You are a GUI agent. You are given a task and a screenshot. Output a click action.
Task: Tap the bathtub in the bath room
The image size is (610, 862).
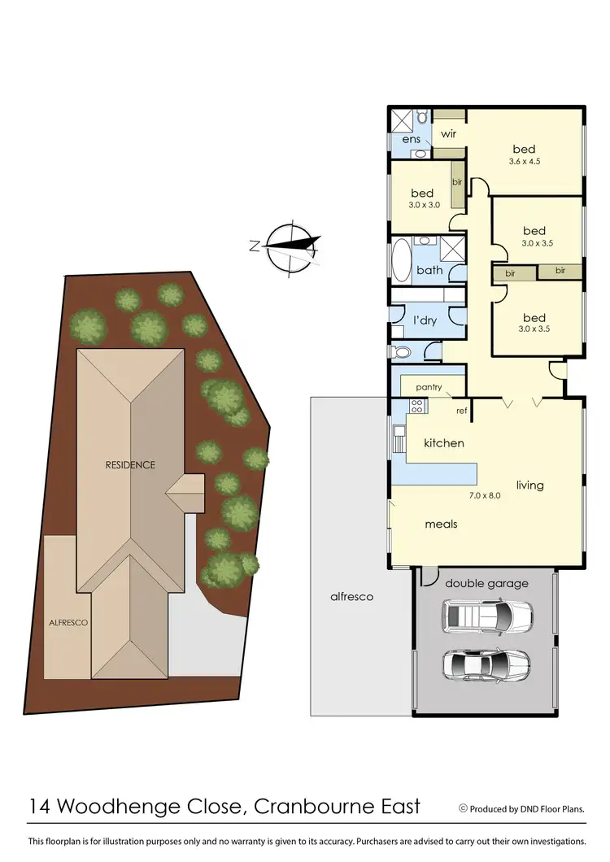[402, 260]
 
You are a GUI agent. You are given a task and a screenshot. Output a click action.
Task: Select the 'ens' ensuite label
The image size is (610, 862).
[412, 139]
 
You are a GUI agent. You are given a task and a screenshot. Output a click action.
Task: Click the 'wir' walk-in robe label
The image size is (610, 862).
[447, 133]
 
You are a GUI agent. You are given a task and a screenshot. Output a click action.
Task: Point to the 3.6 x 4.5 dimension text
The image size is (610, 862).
[524, 161]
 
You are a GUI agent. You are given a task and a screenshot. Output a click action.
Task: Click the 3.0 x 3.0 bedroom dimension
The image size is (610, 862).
[423, 205]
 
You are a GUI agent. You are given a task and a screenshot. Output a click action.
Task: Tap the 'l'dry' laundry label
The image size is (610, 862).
[425, 320]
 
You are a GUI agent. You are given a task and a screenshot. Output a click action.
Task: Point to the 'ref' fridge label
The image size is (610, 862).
[461, 411]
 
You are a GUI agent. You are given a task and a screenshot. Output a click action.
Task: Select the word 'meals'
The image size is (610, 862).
[441, 524]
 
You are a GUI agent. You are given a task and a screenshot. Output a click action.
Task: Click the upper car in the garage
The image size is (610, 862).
[486, 616]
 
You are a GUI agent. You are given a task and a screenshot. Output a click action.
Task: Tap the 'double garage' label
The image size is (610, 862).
[486, 583]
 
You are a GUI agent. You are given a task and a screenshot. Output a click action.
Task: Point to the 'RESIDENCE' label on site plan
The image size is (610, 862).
[129, 464]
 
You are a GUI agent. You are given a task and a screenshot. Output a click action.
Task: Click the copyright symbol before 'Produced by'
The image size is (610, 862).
[463, 808]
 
